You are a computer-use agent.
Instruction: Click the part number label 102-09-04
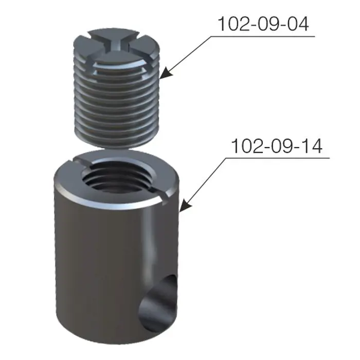coord(263,24)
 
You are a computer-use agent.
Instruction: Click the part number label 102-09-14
coord(277,146)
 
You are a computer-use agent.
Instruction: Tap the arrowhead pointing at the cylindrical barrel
coord(186,205)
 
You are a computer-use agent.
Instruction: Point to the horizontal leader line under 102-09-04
coord(262,37)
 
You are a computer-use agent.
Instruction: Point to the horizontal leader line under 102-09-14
coord(278,158)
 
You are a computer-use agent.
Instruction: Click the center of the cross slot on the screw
coord(114,45)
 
